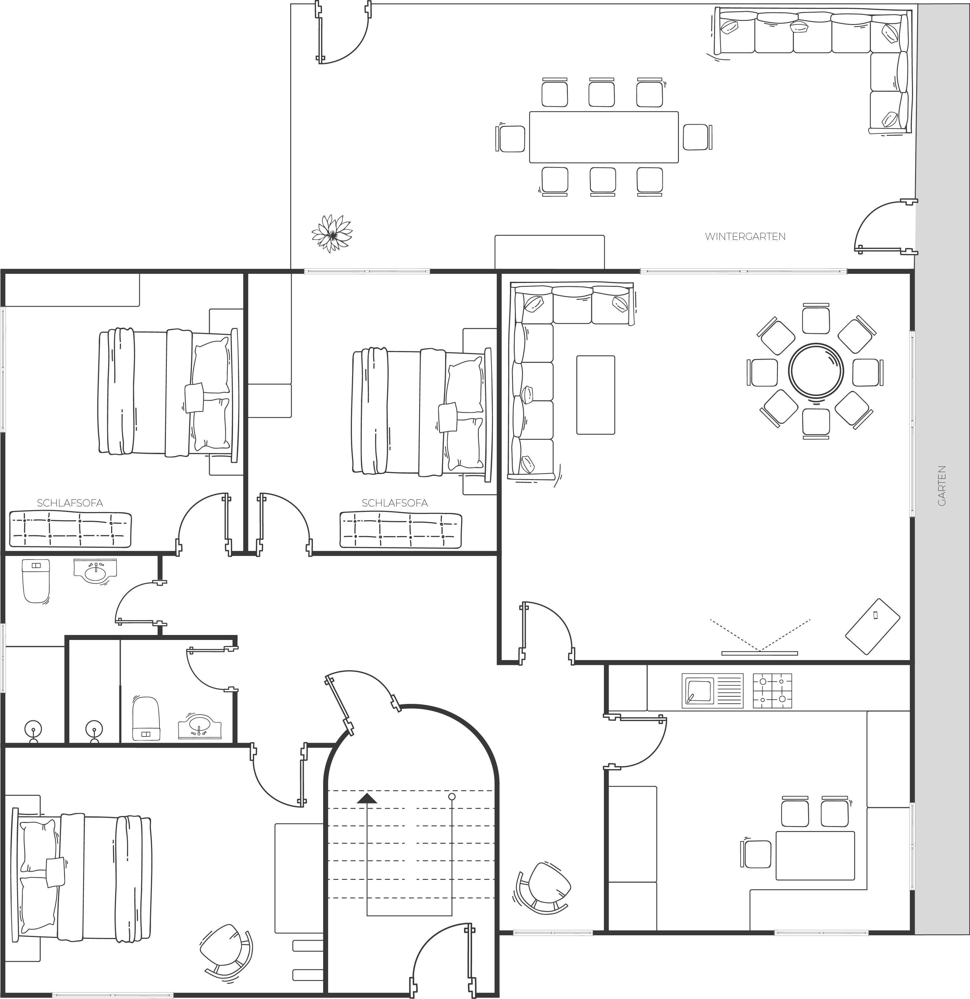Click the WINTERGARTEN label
coord(745,237)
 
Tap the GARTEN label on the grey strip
coord(942,486)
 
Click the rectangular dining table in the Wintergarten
coord(604,137)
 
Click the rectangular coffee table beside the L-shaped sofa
coord(596,395)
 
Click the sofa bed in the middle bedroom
coord(401,530)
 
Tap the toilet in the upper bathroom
coord(36,581)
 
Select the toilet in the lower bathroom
coord(146,719)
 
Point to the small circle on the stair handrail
coord(451,796)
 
